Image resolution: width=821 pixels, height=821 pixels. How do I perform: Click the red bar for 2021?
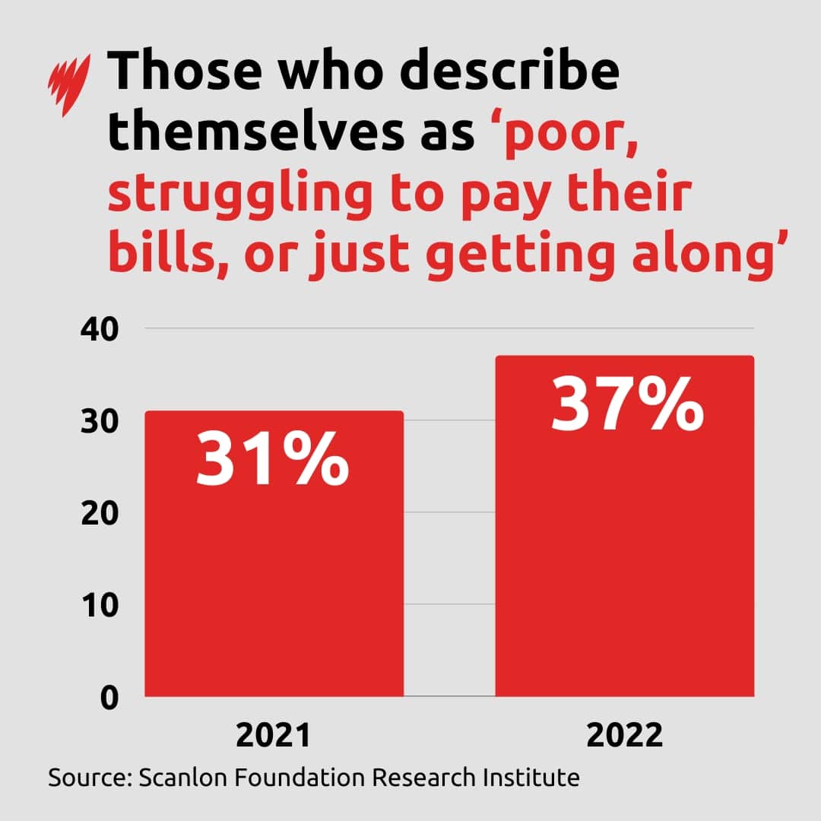coord(274,578)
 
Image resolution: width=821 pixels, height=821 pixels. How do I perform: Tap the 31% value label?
coord(272,459)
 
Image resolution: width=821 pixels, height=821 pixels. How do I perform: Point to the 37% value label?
coord(626,404)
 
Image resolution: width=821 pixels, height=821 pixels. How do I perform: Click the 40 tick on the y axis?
coord(100,329)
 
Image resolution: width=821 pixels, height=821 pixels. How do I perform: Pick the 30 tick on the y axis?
coord(100,421)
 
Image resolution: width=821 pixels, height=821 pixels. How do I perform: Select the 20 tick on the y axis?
coord(100,513)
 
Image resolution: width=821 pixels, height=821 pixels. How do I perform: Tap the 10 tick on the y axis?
coord(100,605)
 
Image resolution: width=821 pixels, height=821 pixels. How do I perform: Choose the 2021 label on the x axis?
coord(273,736)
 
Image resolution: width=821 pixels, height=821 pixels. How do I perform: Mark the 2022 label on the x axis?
coord(626,736)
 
